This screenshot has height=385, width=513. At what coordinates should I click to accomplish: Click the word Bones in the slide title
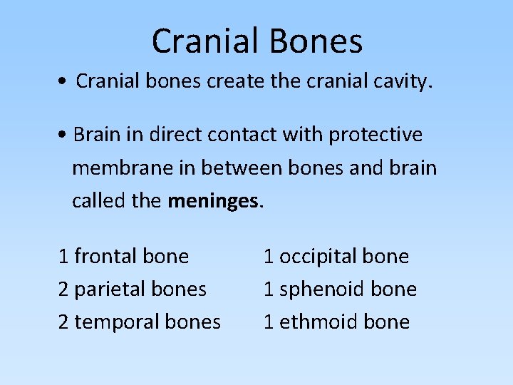click(x=311, y=41)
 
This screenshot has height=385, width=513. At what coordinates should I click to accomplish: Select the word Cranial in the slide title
click(x=203, y=41)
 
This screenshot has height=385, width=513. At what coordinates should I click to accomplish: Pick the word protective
click(x=377, y=135)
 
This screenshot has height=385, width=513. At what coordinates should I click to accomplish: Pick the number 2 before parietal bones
click(x=63, y=289)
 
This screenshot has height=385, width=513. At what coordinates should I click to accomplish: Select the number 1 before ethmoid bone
click(x=269, y=322)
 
